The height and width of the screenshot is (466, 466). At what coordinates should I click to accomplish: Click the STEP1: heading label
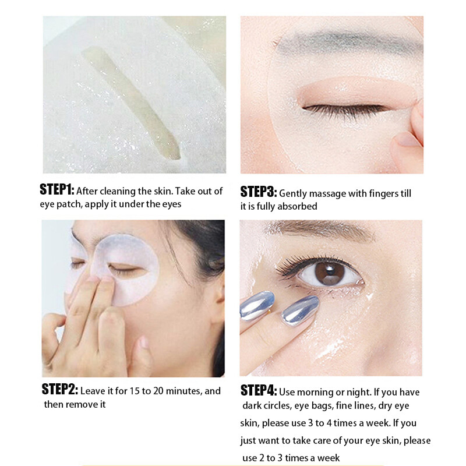[x=57, y=189]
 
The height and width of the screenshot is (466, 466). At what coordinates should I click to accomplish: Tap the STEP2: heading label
[x=60, y=389]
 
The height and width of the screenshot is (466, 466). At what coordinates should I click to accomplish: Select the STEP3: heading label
[x=259, y=192]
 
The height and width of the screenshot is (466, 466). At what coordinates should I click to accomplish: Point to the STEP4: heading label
[x=259, y=390]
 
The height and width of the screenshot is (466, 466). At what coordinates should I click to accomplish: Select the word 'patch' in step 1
[x=69, y=204]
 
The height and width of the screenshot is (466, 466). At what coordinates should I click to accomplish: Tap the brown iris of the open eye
[x=330, y=273]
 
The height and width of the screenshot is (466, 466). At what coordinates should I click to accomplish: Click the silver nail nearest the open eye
[x=300, y=310]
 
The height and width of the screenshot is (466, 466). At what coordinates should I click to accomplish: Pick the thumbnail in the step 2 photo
[x=144, y=342]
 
